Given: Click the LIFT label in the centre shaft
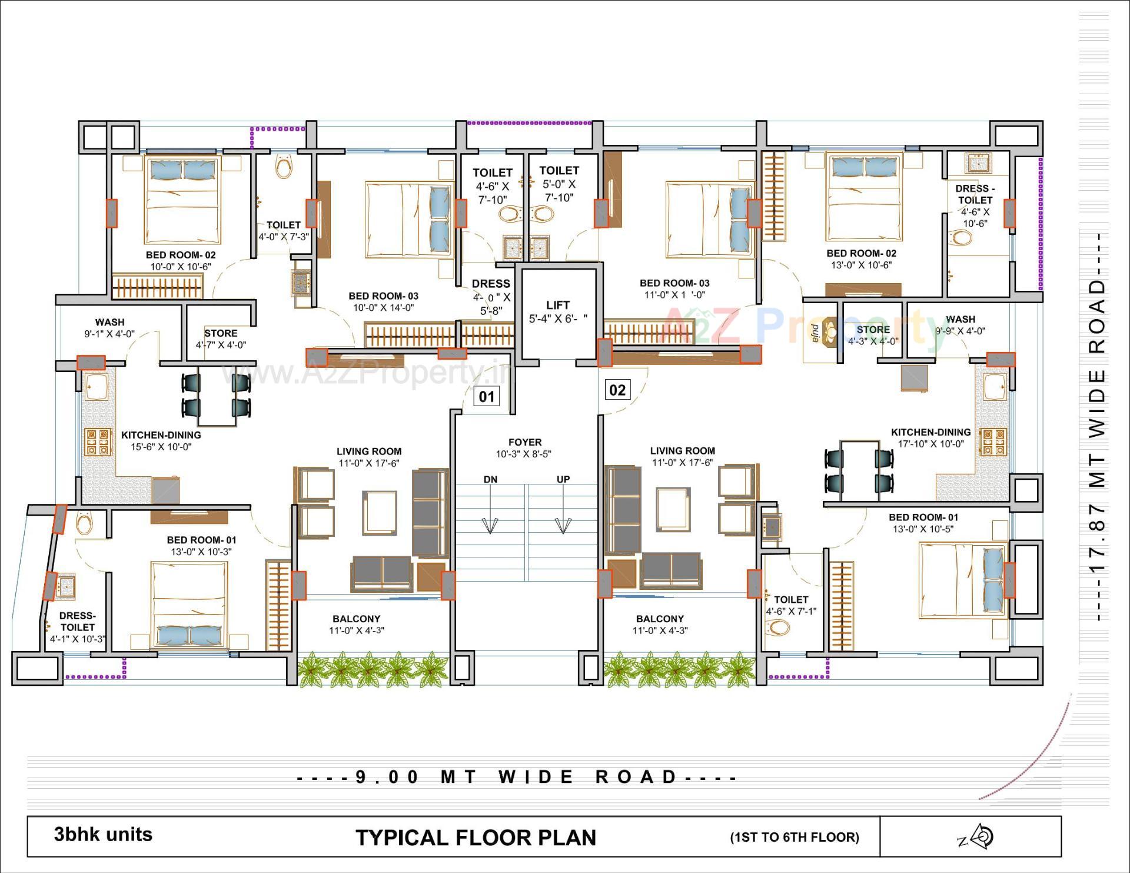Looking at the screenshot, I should click(x=557, y=305).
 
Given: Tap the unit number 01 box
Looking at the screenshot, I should click(x=487, y=396).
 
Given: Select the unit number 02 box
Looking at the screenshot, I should click(x=617, y=390).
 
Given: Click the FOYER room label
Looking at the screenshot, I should click(x=525, y=442).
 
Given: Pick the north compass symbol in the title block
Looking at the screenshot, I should click(x=982, y=837).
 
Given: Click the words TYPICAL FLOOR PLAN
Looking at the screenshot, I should click(x=476, y=838).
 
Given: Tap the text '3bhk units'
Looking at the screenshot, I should click(x=103, y=834).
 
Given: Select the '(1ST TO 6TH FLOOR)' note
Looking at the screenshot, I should click(x=795, y=837).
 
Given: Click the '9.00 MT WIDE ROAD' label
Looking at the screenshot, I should click(x=517, y=777).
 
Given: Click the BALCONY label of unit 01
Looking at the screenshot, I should click(x=356, y=619).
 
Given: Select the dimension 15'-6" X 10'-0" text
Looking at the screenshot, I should click(x=161, y=447).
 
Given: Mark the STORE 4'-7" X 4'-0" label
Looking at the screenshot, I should click(x=221, y=338).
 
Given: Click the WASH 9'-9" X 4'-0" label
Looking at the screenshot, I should click(x=960, y=325).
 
